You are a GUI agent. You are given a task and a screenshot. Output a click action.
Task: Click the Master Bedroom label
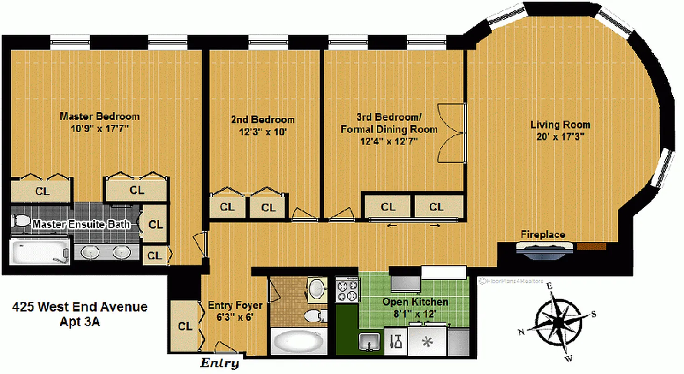pos(99,116)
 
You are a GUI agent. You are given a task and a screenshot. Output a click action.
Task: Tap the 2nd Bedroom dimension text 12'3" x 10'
pos(262,132)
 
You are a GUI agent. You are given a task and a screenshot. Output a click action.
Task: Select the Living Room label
pos(560,125)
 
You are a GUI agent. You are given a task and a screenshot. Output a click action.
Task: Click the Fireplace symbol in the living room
pos(544,248)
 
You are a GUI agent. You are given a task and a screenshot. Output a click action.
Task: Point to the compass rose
pos(556,323)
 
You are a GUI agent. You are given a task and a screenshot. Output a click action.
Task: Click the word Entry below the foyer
pos(219,363)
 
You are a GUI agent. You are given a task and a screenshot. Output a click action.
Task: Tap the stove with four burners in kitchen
pos(347,290)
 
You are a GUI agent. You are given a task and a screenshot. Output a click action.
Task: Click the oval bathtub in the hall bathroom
pos(299,343)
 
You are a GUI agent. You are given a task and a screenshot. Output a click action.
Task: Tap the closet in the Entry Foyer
pos(185,326)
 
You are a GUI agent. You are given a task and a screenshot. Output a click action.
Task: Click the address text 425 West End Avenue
pos(79,307)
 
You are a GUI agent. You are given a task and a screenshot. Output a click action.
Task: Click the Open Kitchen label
pos(415,302)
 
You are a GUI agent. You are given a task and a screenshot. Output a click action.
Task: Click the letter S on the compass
pos(593,314)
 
